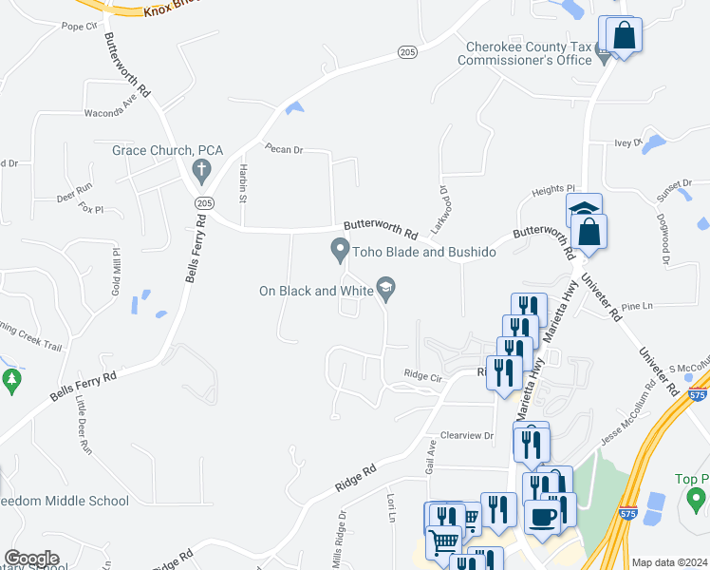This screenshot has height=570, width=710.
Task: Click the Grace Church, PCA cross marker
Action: [200, 170]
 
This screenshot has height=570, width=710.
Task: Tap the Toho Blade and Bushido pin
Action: [339, 251]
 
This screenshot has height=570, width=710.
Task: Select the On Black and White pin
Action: [385, 286]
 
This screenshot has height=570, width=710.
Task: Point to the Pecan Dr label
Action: [283, 149]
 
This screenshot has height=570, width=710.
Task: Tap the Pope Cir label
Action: [80, 27]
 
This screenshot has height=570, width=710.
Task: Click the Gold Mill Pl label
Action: [117, 270]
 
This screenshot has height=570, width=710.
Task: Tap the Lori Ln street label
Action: [390, 506]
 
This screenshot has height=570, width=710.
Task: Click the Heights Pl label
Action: [553, 190]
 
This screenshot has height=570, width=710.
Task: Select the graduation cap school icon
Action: [584, 210]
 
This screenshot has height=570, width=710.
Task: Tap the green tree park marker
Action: [11, 381]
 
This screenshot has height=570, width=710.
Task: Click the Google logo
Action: [31, 559]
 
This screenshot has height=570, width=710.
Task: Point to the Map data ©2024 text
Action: [669, 562]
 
